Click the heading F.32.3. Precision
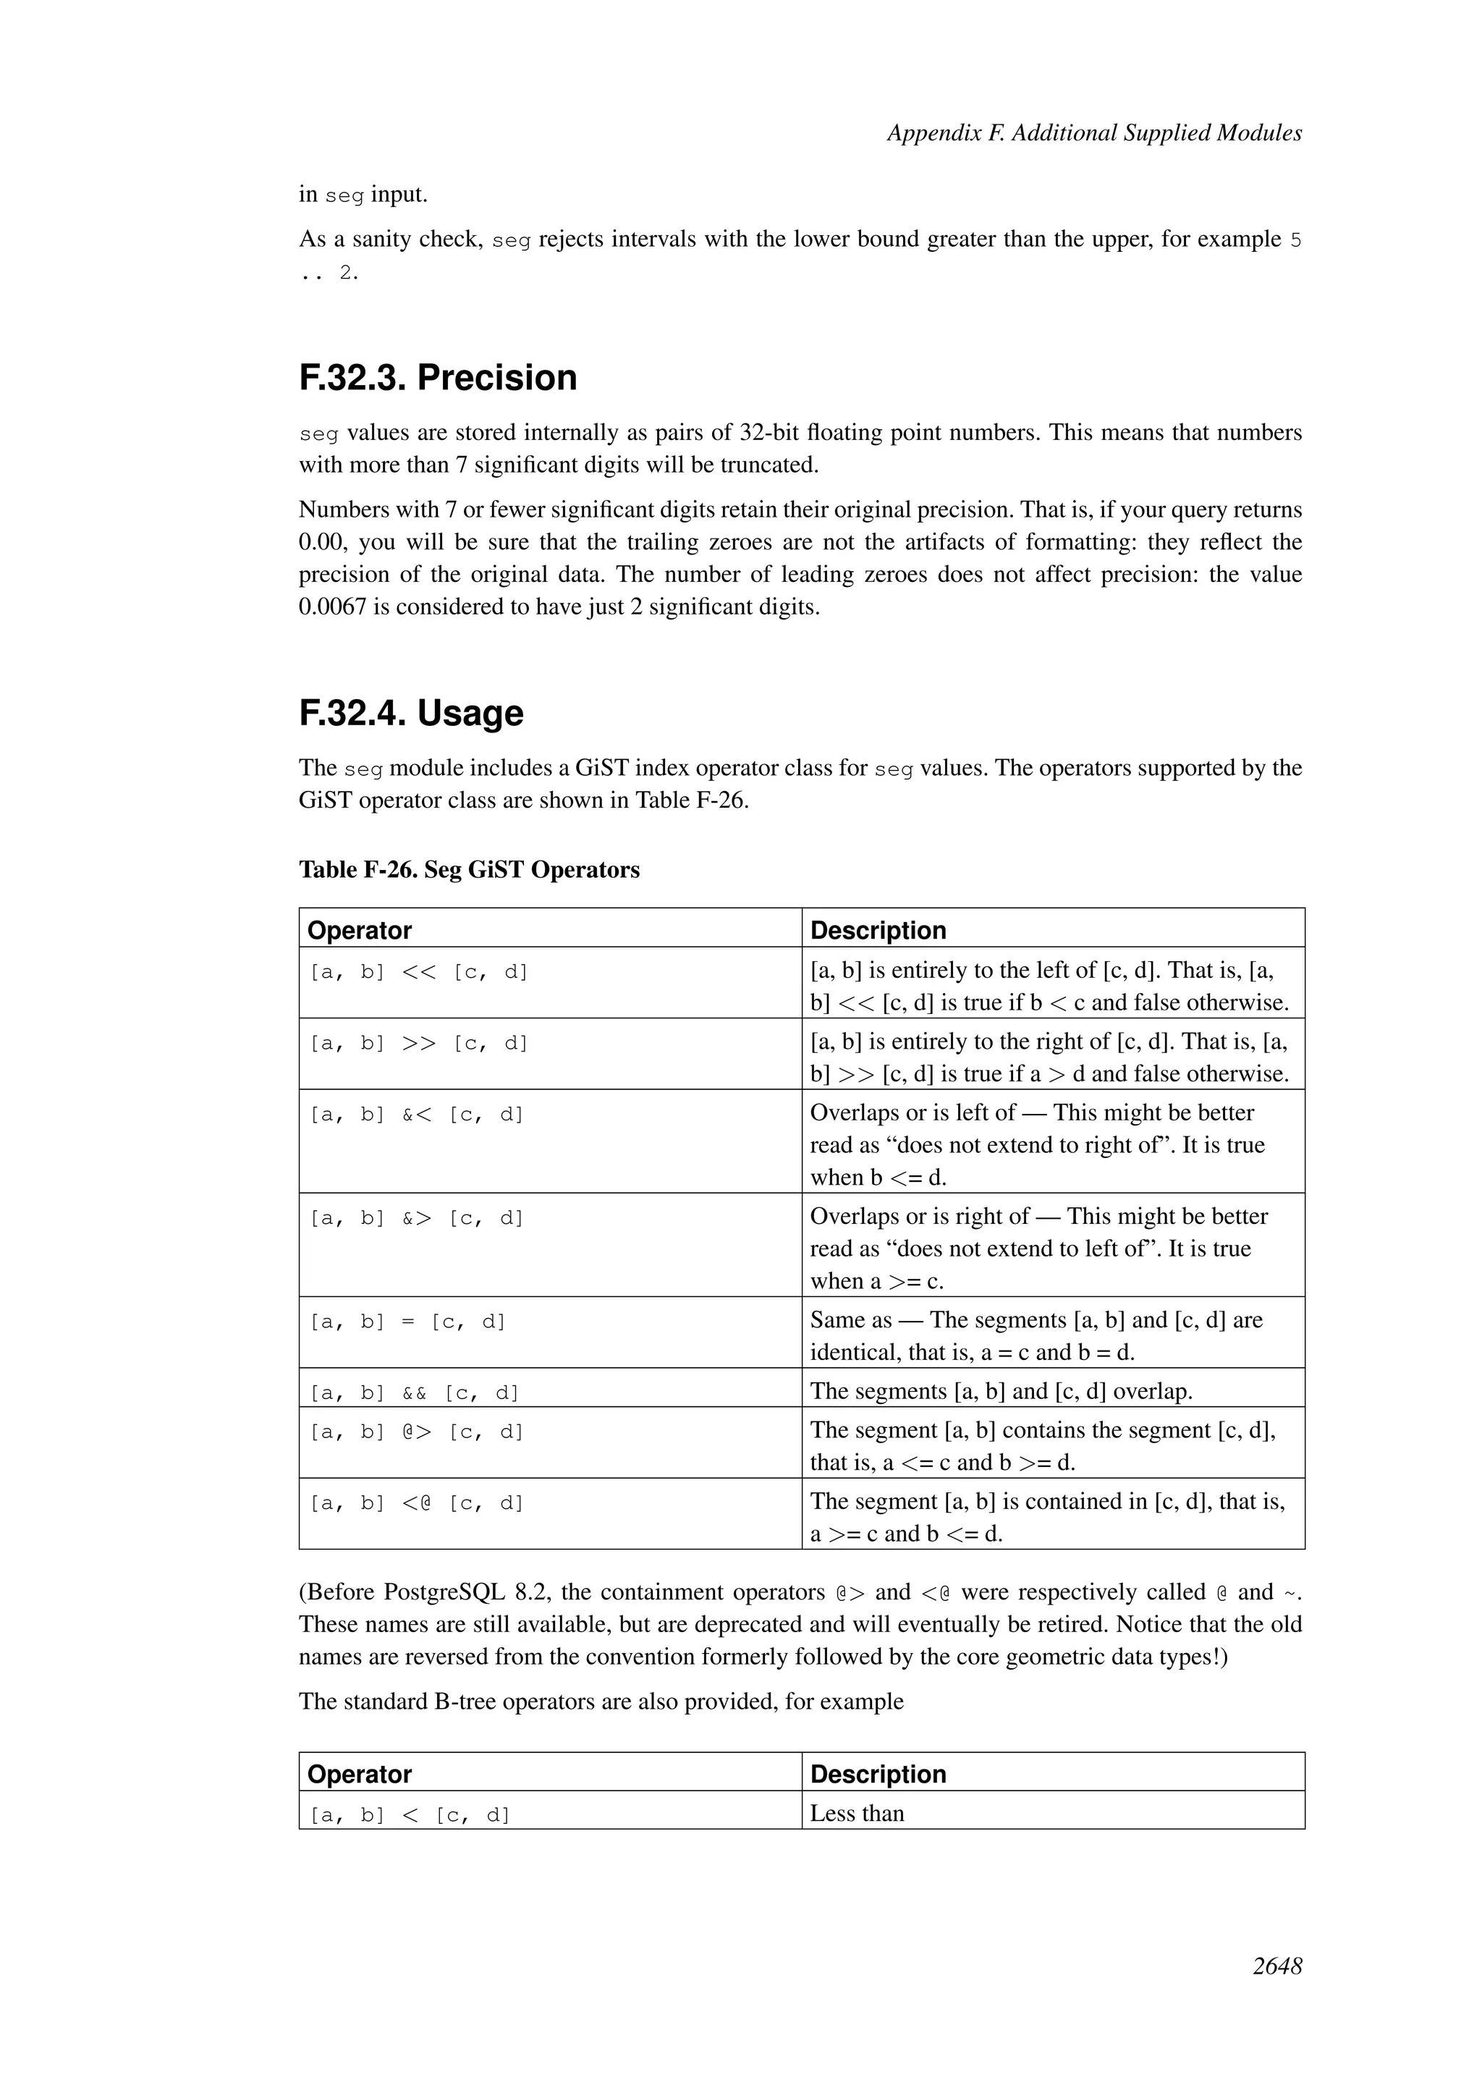tap(438, 378)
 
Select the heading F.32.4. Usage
tap(412, 713)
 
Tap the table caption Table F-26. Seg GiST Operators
tap(469, 870)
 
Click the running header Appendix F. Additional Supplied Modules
tap(1094, 133)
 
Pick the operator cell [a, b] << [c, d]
tap(419, 972)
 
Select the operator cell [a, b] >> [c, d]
tap(419, 1044)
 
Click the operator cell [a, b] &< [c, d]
tap(417, 1115)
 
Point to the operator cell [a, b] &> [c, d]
tap(417, 1218)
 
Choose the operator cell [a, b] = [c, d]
tap(408, 1322)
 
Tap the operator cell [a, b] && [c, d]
tap(415, 1393)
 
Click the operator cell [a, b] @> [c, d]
tap(417, 1432)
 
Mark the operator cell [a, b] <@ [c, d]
tap(417, 1503)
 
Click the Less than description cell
tap(857, 1814)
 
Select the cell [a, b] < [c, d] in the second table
tap(410, 1816)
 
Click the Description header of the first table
tap(878, 930)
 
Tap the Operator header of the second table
tap(360, 1774)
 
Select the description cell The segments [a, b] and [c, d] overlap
tap(1001, 1391)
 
